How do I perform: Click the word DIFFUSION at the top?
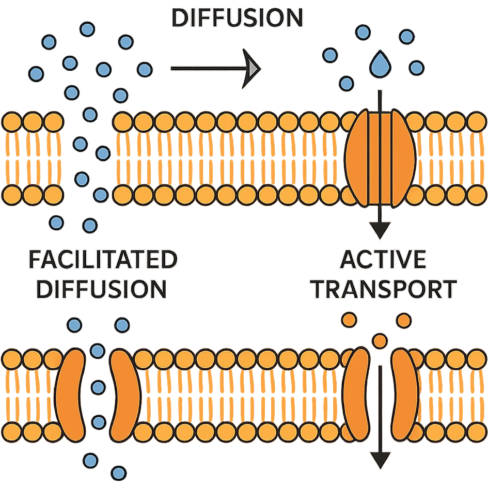[237, 19]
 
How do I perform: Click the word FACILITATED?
[103, 260]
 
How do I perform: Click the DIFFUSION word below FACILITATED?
[103, 290]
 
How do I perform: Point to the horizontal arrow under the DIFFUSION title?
[214, 68]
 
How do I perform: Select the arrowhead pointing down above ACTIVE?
[380, 228]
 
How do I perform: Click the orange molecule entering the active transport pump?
[380, 340]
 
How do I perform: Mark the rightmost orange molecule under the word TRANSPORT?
[404, 320]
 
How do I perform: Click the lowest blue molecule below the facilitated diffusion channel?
[119, 471]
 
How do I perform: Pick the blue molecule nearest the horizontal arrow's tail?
[144, 69]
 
